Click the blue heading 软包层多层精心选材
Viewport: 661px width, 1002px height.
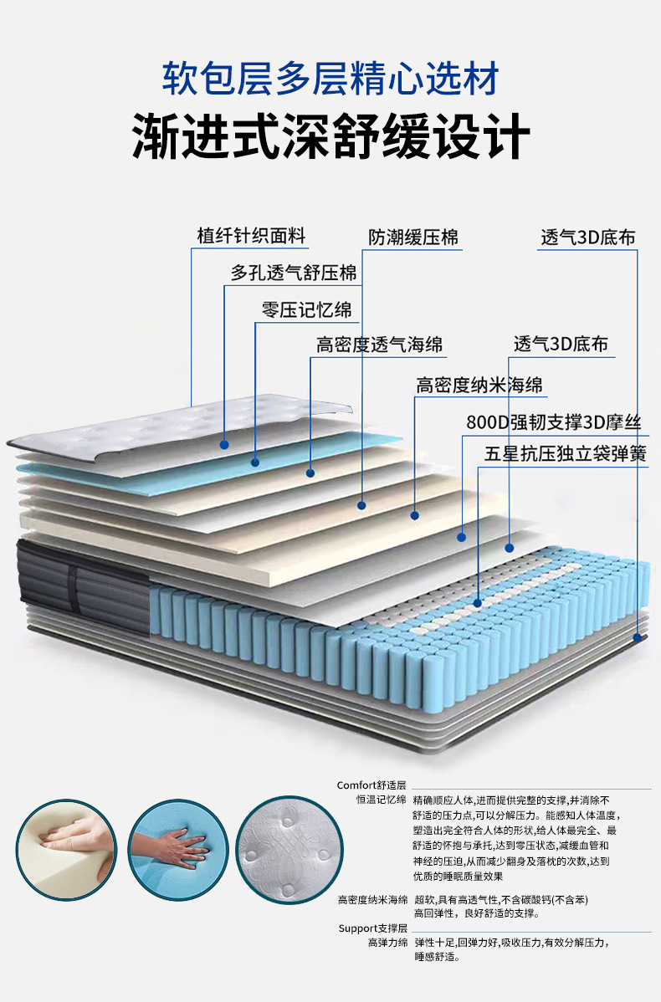[330, 79]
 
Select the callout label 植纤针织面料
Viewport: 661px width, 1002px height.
[251, 236]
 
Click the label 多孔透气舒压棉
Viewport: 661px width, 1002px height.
[293, 273]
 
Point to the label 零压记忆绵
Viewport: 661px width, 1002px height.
[306, 309]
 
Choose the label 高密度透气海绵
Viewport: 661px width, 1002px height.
[379, 345]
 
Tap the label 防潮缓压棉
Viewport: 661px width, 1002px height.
[413, 238]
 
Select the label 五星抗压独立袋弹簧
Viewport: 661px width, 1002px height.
[565, 454]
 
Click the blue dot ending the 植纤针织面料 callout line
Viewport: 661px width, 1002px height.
[224, 444]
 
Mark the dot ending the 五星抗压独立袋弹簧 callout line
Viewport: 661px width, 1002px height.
[477, 601]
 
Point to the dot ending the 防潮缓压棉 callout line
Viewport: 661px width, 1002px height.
[361, 505]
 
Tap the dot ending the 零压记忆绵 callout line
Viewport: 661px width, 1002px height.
[310, 473]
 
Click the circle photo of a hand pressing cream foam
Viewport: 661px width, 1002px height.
[66, 849]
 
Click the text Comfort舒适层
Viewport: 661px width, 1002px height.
[371, 785]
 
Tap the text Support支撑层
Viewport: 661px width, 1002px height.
[372, 928]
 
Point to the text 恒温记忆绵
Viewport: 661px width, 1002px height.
[382, 800]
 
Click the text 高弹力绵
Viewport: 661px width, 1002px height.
[387, 943]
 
